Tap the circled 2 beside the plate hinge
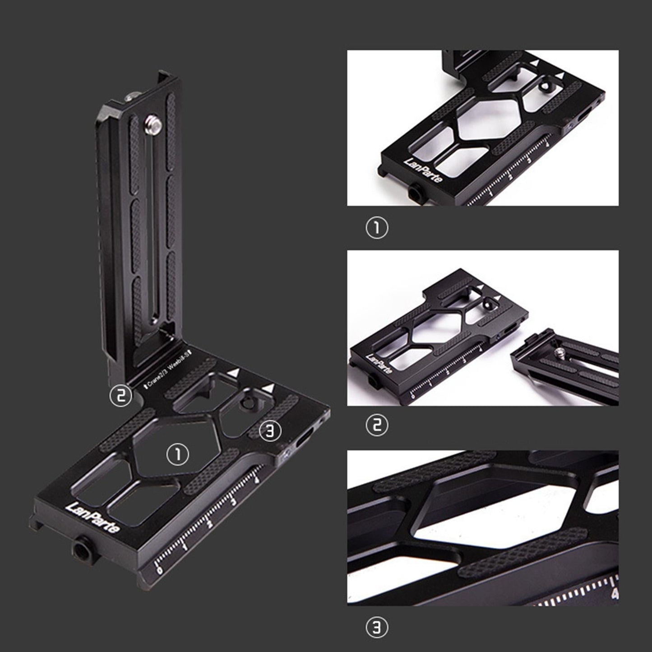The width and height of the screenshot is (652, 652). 121,396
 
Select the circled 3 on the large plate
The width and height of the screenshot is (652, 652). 270,431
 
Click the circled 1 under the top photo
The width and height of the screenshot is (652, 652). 376,228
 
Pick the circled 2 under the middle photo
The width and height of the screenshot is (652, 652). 376,425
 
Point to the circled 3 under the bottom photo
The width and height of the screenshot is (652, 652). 376,627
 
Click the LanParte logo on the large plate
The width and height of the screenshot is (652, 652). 93,514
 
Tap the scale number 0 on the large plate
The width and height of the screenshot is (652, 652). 158,571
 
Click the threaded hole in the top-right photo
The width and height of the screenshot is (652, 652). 413,193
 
